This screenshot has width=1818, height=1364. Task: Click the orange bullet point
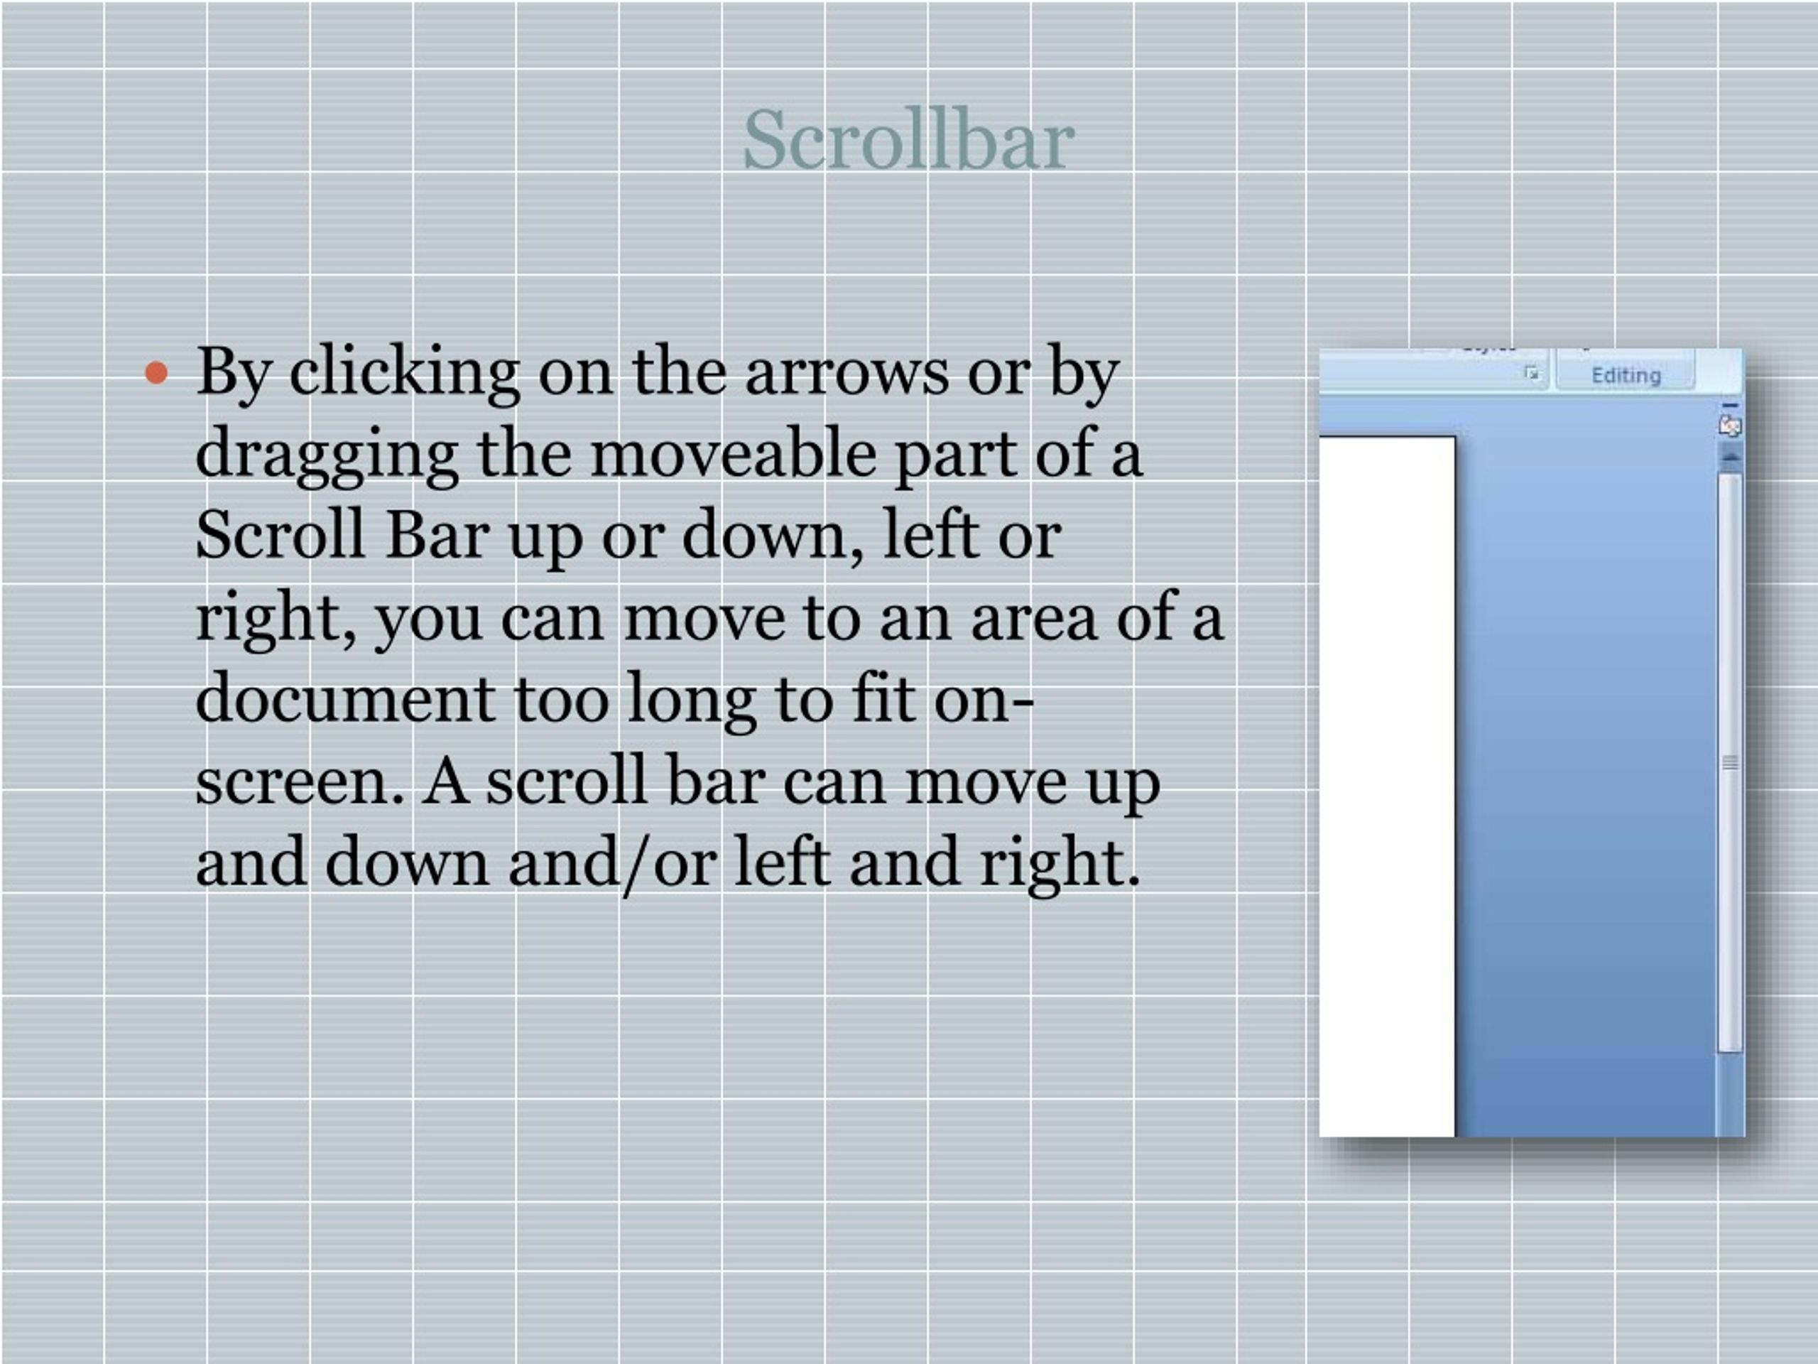click(156, 373)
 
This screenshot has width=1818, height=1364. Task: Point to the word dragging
click(326, 455)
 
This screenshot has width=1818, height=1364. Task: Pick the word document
click(344, 699)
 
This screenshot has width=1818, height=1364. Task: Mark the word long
click(691, 699)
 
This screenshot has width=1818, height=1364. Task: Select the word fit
click(883, 699)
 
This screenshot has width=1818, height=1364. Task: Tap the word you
click(428, 617)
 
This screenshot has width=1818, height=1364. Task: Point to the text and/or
click(611, 862)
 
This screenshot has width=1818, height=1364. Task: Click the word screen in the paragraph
click(300, 781)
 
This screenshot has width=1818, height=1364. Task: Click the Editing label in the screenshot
click(1626, 376)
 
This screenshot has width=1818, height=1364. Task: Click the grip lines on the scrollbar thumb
click(1730, 763)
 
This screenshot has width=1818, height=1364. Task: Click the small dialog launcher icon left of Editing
click(1531, 373)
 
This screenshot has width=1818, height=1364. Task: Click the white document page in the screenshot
click(1386, 781)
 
